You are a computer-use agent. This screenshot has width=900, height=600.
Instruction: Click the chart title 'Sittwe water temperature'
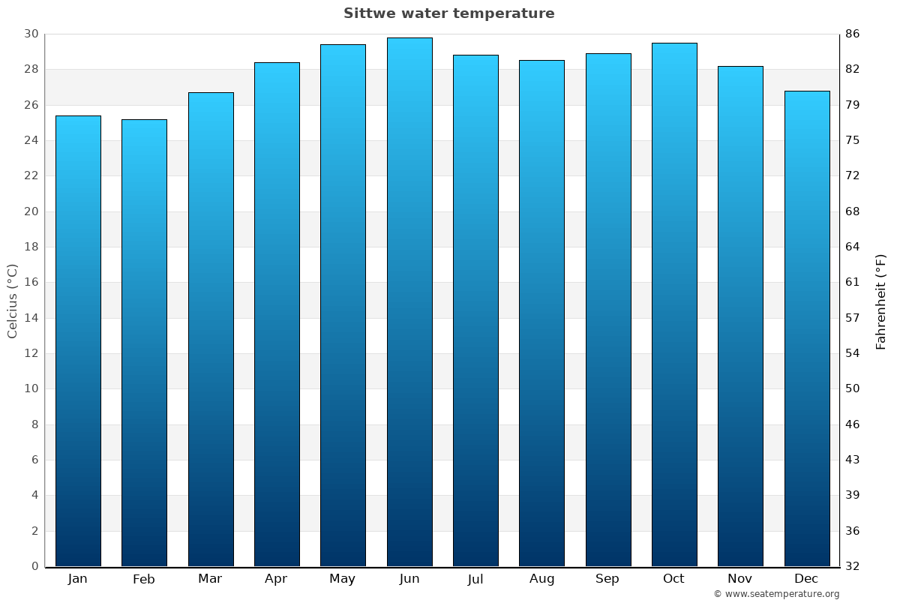[448, 13]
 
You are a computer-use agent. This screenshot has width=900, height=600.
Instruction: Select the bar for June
[409, 300]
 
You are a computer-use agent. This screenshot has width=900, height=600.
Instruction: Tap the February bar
[144, 341]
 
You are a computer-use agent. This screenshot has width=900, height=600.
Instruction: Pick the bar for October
[674, 304]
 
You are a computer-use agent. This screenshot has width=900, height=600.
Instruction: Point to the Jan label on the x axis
[77, 579]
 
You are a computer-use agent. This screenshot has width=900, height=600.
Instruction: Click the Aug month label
[541, 579]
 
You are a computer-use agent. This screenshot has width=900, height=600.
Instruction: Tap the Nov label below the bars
[740, 579]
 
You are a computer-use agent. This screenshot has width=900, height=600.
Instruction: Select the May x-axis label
[343, 579]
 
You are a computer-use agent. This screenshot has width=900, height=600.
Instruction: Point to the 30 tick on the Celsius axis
[31, 34]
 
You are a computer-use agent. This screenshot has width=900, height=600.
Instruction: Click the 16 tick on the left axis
[31, 283]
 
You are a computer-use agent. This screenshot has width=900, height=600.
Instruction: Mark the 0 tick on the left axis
[34, 566]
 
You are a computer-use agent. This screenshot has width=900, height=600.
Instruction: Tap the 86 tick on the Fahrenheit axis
[852, 34]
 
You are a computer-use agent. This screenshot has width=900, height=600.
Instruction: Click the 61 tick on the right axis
[852, 283]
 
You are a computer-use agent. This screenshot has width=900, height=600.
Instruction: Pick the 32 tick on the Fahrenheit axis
[852, 566]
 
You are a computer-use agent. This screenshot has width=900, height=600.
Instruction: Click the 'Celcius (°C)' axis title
[12, 300]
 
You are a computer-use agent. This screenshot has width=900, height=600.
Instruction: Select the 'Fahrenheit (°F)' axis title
[880, 301]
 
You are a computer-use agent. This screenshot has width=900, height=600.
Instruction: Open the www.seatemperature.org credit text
[776, 594]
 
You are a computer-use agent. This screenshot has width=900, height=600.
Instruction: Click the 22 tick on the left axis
[31, 175]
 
